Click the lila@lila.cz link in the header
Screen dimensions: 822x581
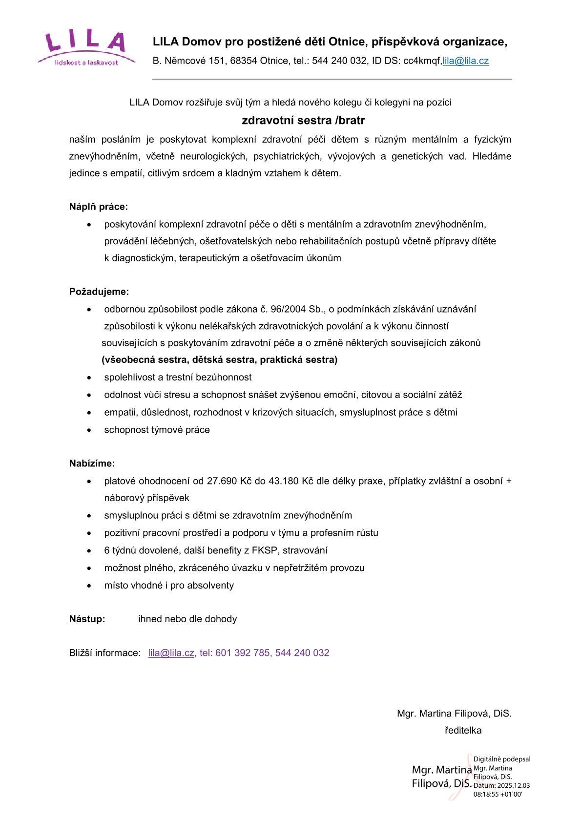pyautogui.click(x=465, y=61)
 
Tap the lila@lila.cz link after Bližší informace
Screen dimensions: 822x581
pyautogui.click(x=171, y=653)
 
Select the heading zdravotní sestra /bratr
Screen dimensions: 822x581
pyautogui.click(x=303, y=120)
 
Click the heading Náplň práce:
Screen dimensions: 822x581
pyautogui.click(x=98, y=207)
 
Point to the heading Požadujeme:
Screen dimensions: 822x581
pyautogui.click(x=99, y=292)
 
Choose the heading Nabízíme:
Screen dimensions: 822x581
pyautogui.click(x=92, y=464)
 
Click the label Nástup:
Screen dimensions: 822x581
pyautogui.click(x=87, y=619)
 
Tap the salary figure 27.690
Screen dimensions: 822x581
pyautogui.click(x=222, y=481)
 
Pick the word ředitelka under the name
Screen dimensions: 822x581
pyautogui.click(x=463, y=731)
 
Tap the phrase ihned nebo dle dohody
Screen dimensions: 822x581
pyautogui.click(x=187, y=619)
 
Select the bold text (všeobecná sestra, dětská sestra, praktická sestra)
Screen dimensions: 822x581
pyautogui.click(x=219, y=360)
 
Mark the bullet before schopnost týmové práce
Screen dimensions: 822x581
pyautogui.click(x=89, y=431)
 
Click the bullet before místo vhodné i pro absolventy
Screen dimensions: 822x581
pyautogui.click(x=89, y=586)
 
